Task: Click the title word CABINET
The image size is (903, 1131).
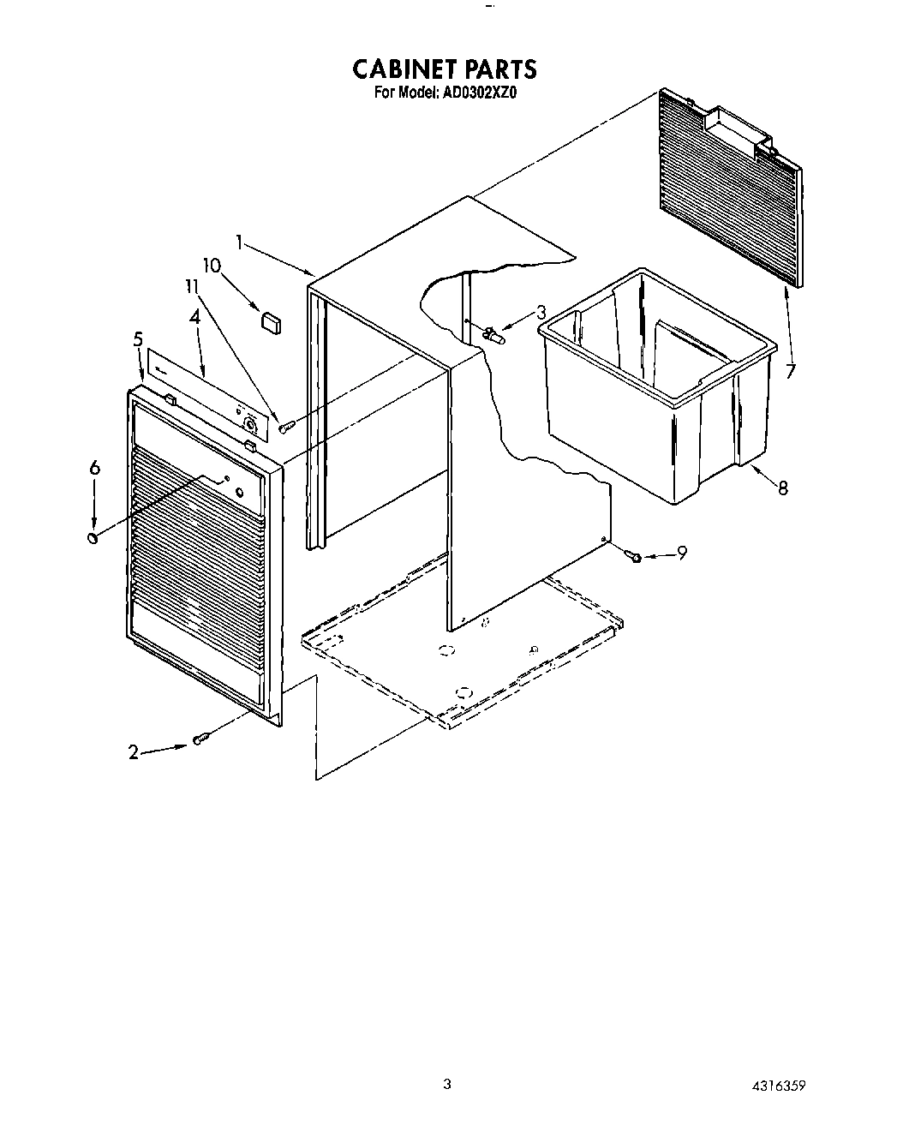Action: [x=400, y=69]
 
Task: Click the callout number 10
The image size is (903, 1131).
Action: [x=211, y=266]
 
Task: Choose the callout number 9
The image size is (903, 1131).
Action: [x=682, y=554]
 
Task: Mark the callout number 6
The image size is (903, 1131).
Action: [x=95, y=467]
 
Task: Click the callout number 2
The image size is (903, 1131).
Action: [x=133, y=752]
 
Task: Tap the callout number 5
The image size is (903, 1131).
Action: [x=138, y=339]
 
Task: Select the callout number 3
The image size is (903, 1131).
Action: [x=541, y=313]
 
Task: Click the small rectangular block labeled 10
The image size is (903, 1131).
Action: [x=272, y=321]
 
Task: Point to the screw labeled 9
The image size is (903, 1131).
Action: [x=635, y=557]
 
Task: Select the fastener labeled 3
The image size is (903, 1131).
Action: [x=493, y=334]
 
